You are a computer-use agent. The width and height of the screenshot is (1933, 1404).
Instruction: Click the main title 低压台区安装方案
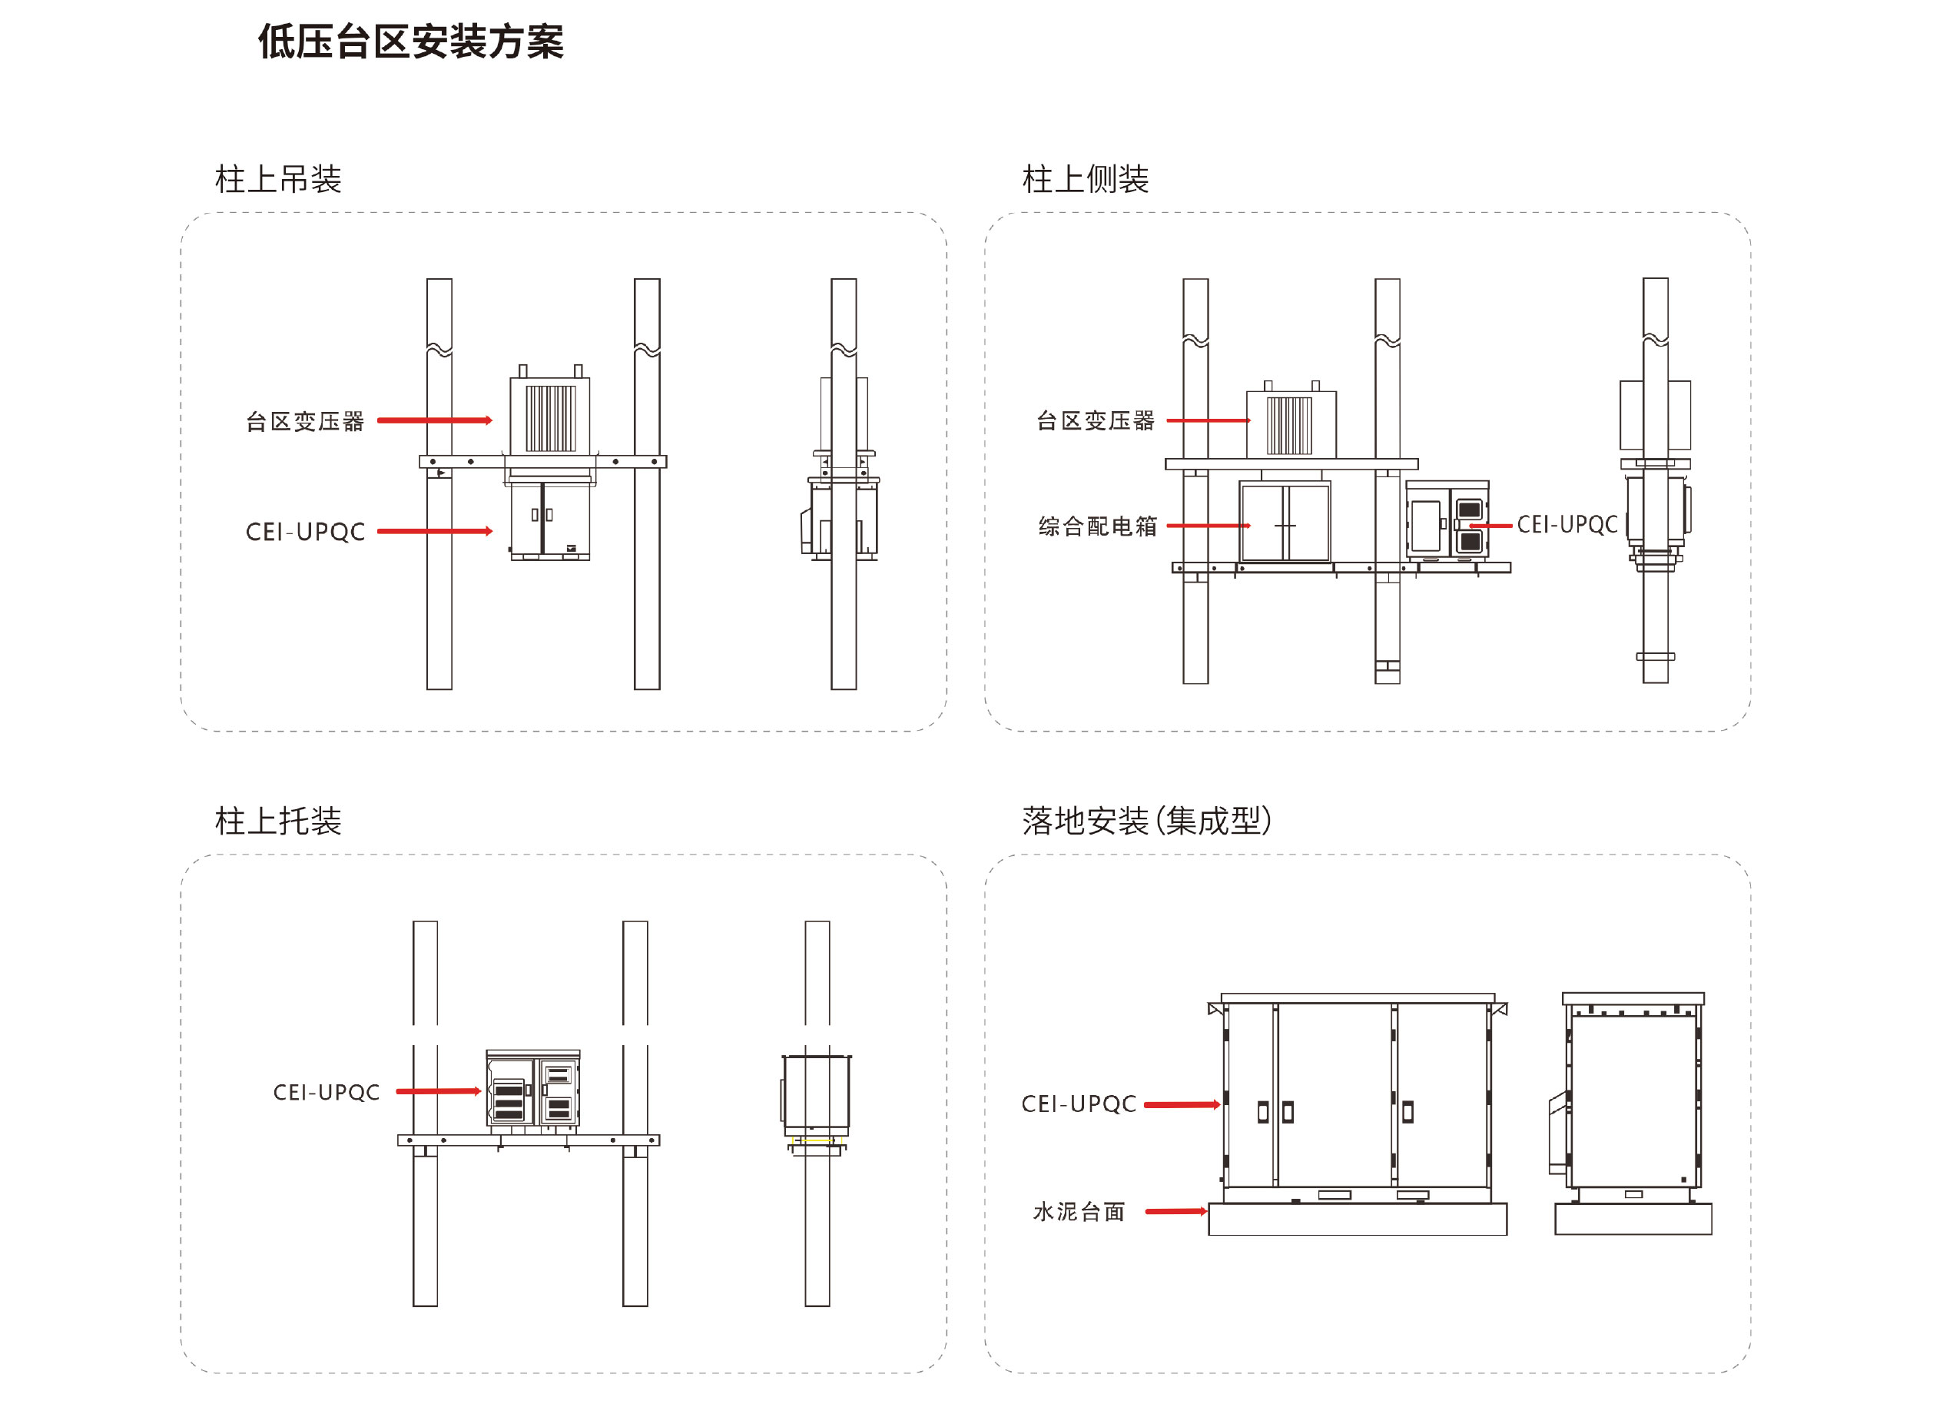[411, 41]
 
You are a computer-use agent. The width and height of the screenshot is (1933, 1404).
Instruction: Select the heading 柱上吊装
[278, 180]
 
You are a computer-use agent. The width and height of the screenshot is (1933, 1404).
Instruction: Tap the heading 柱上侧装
[1085, 180]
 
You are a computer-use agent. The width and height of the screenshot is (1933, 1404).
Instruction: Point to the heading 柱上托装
[278, 821]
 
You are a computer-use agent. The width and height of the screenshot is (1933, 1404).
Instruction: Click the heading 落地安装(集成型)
[1146, 821]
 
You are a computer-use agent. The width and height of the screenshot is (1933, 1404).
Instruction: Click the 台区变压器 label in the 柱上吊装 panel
[305, 421]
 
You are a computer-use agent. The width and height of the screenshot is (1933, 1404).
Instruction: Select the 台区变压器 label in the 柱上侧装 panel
[1096, 420]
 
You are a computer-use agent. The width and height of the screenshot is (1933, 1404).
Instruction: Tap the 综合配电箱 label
[1098, 526]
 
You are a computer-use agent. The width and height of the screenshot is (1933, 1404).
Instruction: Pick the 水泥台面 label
[1079, 1211]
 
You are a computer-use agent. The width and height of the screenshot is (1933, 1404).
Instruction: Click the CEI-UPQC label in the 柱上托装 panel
[327, 1092]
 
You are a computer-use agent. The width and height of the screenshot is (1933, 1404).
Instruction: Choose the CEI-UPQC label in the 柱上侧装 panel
[1567, 525]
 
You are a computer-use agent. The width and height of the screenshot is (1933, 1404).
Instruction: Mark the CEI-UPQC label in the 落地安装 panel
[1079, 1104]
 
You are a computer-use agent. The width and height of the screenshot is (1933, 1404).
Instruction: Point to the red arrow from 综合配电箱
[1208, 526]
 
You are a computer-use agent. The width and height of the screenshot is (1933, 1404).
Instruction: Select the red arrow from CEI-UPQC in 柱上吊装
[435, 531]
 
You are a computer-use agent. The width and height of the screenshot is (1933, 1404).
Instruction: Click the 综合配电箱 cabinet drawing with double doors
[1285, 523]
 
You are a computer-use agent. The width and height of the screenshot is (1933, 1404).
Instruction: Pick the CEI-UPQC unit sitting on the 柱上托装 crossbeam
[532, 1090]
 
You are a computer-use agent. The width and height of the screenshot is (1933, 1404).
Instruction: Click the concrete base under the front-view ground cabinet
[1357, 1219]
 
